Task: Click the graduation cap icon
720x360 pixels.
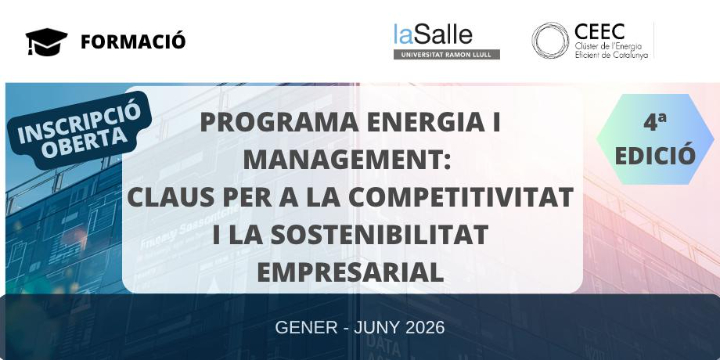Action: click(46, 41)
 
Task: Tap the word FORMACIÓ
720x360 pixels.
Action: click(133, 41)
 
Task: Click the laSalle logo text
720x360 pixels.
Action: click(432, 34)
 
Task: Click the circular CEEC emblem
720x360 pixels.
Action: click(551, 41)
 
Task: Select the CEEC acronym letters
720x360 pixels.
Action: click(601, 31)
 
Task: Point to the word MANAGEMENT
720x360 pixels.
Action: click(347, 160)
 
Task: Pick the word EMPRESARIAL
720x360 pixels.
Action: click(349, 271)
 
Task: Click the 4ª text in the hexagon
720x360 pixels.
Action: click(655, 123)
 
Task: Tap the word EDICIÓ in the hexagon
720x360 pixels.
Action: click(655, 155)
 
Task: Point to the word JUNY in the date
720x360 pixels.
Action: click(373, 328)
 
